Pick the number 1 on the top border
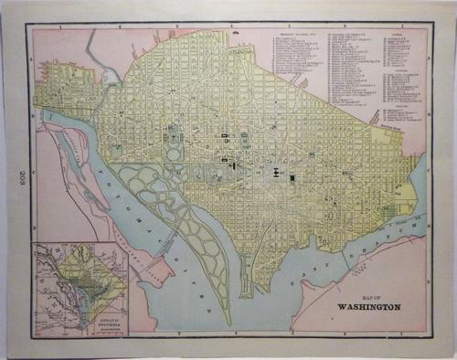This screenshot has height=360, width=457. tap(60, 28)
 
